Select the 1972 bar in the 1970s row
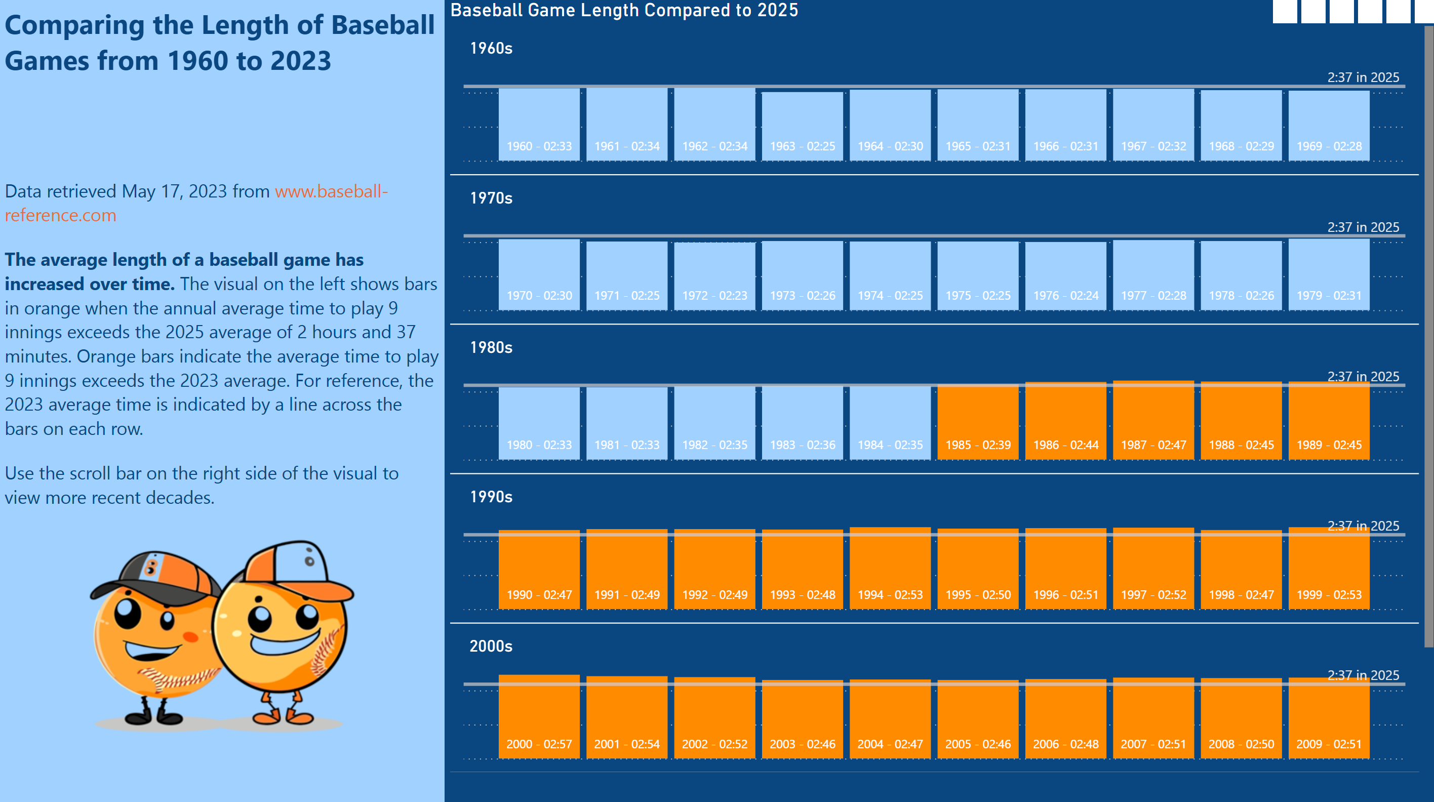pos(714,275)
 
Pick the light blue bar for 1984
pos(890,423)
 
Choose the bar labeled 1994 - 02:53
pos(890,568)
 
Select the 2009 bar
pos(1329,718)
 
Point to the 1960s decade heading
pos(491,49)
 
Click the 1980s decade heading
pos(491,347)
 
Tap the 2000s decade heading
pos(491,646)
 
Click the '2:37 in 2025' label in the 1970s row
pos(1363,227)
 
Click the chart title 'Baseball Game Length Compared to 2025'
pos(624,11)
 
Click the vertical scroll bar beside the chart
pos(1428,334)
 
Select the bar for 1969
pos(1329,126)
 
